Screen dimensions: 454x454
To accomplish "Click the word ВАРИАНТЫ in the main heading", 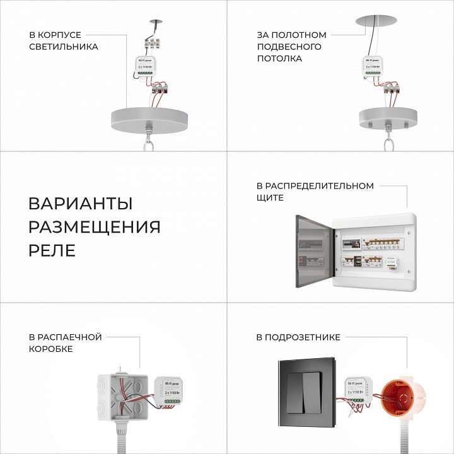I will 81,204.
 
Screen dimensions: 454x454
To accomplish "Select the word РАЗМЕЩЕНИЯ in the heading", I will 95,227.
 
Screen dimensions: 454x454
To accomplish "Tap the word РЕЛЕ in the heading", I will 52,250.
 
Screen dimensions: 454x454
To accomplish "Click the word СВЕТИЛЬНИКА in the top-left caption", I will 64,47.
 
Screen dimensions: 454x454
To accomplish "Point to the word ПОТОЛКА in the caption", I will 279,59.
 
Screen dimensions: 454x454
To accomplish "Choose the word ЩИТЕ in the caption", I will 270,198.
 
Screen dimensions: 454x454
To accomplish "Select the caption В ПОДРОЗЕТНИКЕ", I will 298,337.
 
